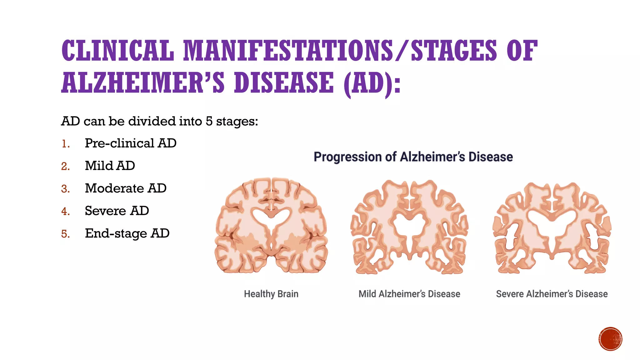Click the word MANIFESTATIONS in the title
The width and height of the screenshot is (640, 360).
(287, 51)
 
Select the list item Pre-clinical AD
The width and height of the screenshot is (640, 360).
(130, 143)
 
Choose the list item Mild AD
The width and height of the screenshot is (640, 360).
(110, 166)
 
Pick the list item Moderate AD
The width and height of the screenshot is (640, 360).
(125, 188)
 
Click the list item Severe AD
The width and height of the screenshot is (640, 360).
(117, 211)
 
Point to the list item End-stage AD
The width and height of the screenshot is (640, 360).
(127, 233)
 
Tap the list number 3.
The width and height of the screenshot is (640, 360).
(65, 189)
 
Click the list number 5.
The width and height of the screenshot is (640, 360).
(65, 234)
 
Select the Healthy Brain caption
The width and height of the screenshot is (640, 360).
(271, 294)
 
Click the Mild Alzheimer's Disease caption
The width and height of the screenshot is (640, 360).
(409, 294)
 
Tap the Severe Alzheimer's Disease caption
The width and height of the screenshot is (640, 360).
(552, 294)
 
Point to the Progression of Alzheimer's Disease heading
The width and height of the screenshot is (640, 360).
(413, 157)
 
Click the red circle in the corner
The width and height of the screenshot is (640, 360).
(610, 339)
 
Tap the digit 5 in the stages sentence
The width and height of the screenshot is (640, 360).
(208, 121)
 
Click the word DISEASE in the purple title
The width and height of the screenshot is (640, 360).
(284, 82)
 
